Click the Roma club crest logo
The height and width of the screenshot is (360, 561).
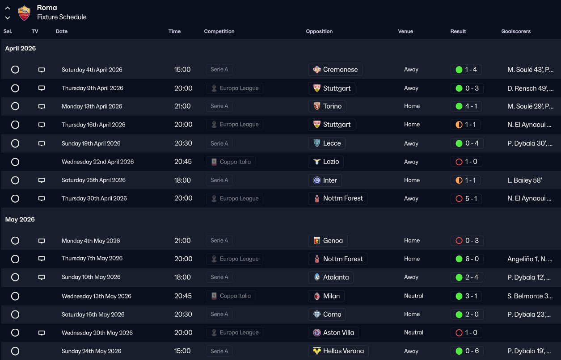(x=24, y=13)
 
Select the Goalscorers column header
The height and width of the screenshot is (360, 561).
(x=516, y=31)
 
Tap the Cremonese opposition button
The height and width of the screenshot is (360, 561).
(x=335, y=70)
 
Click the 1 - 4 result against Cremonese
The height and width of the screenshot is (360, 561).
(x=466, y=70)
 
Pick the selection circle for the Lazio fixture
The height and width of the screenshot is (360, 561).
(x=15, y=162)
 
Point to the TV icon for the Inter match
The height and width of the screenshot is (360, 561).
(x=42, y=180)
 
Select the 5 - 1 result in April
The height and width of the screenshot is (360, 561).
(x=466, y=198)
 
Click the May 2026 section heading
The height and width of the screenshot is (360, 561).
(x=20, y=219)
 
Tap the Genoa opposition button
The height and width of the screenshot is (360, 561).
(x=328, y=241)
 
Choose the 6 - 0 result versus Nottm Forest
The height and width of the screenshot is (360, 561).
(x=466, y=259)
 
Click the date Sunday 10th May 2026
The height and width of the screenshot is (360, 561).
(x=91, y=277)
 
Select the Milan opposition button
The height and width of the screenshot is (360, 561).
(x=326, y=296)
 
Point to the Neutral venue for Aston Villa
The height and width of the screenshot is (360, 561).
(x=413, y=332)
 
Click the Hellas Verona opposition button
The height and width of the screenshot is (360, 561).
(x=338, y=351)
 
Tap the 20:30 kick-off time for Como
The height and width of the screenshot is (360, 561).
(x=182, y=314)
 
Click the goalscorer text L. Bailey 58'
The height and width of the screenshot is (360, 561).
(x=525, y=180)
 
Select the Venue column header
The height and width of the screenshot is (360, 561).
(x=405, y=31)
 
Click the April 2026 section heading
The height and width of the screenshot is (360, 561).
(x=21, y=48)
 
